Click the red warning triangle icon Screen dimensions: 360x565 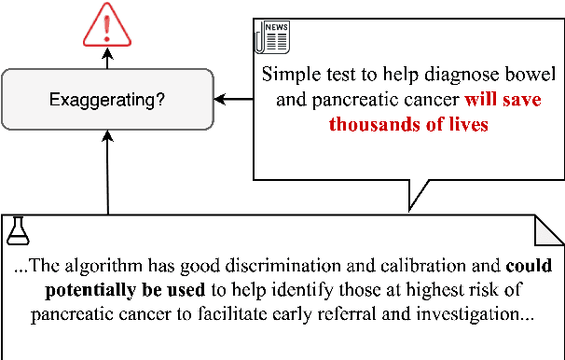pos(106,25)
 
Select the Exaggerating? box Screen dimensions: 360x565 pos(106,98)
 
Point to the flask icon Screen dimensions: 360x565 pos(17,228)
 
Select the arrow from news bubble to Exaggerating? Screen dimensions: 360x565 pos(233,98)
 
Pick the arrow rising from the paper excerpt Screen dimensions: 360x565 pos(107,173)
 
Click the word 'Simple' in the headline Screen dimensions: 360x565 pos(287,74)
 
